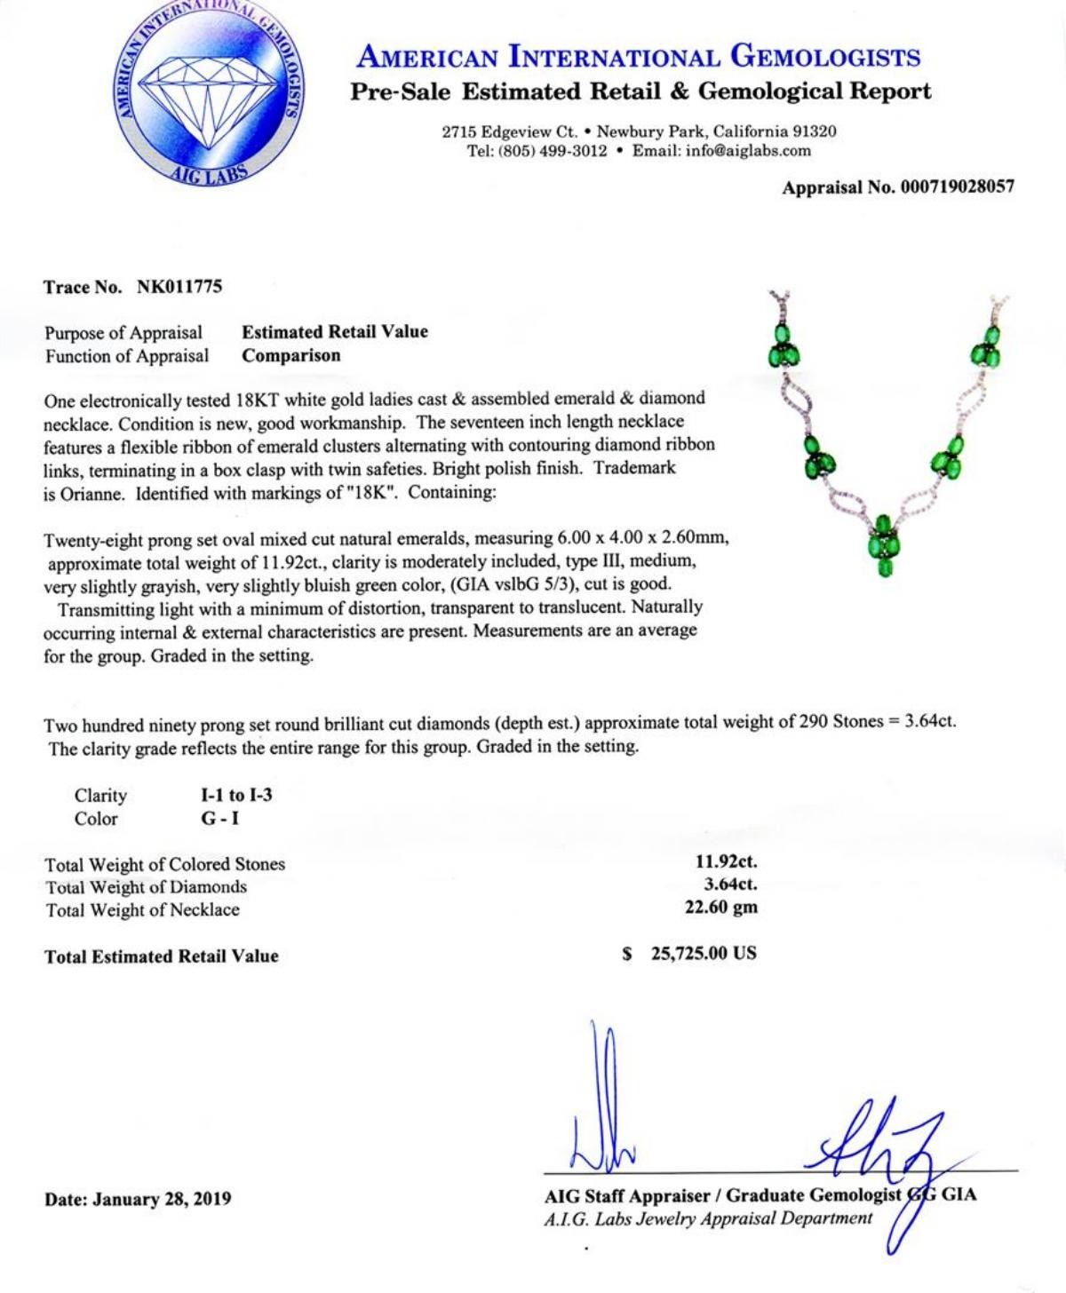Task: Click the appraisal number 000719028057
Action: point(939,187)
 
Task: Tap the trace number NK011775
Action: point(179,287)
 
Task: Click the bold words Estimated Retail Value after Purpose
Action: point(335,332)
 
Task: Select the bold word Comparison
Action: point(291,355)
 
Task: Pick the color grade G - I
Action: point(219,818)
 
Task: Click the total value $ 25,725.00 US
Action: point(689,954)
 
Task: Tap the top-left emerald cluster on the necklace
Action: point(784,347)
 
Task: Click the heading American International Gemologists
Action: point(638,58)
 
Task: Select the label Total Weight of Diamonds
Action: point(146,886)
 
